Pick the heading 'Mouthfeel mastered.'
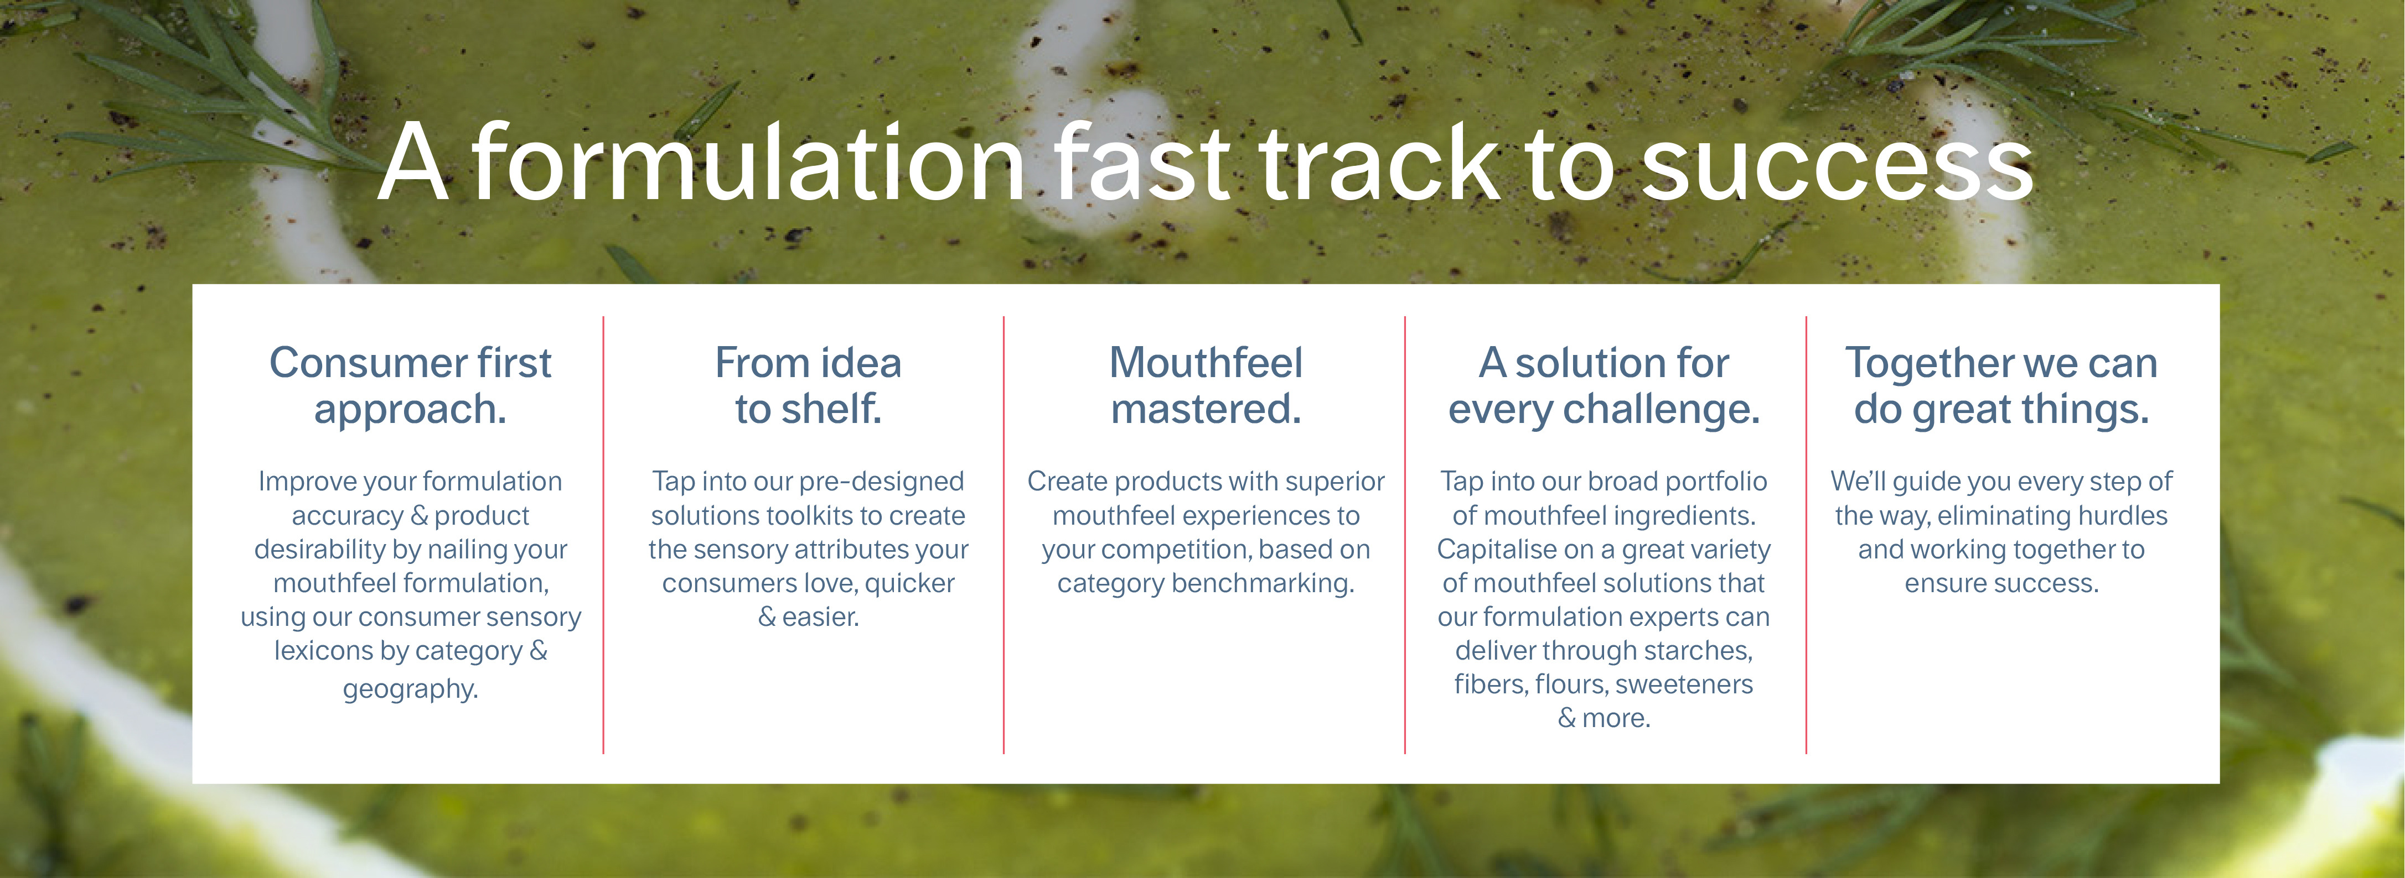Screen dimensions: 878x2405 pyautogui.click(x=1206, y=385)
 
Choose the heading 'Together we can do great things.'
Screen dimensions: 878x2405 pyautogui.click(x=2001, y=385)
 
